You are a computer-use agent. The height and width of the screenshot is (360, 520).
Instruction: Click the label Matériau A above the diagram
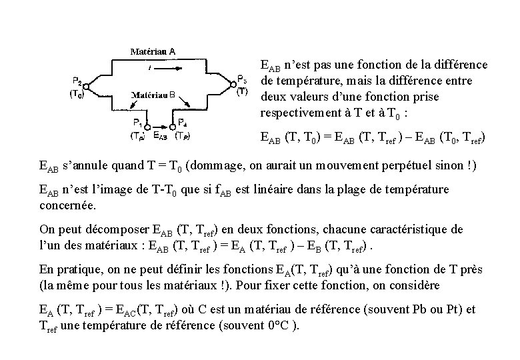(x=153, y=50)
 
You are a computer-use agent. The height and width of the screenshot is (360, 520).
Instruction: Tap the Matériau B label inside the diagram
(x=153, y=95)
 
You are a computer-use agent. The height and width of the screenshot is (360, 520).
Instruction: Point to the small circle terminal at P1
(x=145, y=125)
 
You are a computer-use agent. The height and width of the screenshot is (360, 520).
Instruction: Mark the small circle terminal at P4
(x=172, y=125)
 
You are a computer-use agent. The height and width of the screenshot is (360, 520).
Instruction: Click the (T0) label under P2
(x=77, y=95)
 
